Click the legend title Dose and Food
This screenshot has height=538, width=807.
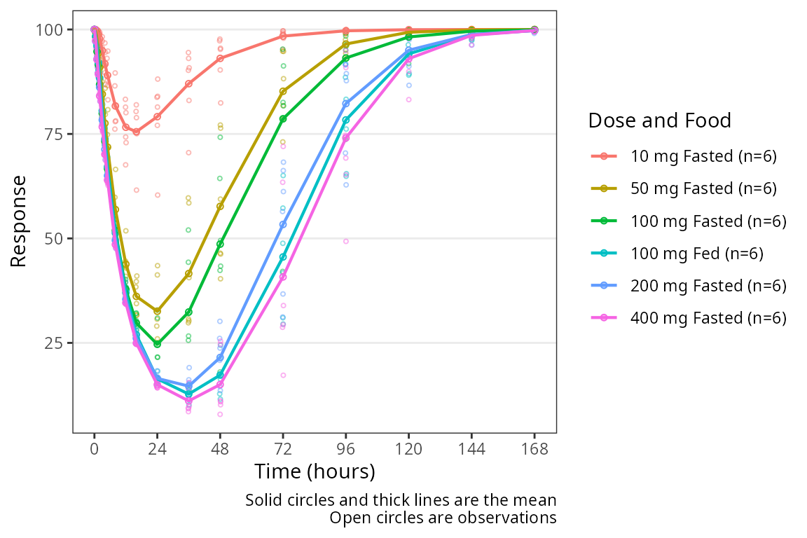tap(659, 121)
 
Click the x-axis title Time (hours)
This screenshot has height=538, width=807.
tap(315, 471)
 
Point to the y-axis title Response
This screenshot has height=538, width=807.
tap(19, 221)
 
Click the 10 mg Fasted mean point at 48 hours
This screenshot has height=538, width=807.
tap(220, 58)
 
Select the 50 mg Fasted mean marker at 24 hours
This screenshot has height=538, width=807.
tap(157, 310)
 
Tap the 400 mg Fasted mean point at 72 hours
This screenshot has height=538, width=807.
tap(283, 277)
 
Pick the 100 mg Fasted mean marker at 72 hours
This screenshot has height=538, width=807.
tap(283, 119)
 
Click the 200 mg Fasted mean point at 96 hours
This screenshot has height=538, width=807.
tap(346, 104)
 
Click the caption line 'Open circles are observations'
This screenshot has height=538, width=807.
tap(443, 518)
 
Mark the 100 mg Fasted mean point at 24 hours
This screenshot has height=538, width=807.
tap(157, 344)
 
